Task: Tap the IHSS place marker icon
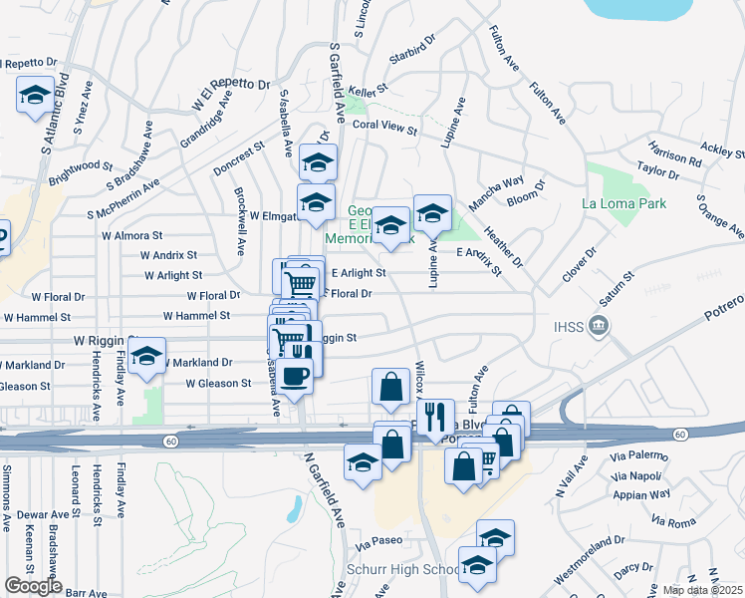click(598, 325)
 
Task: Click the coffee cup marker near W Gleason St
click(295, 377)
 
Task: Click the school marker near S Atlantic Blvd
click(35, 96)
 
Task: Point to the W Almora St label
click(131, 236)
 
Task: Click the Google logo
click(33, 586)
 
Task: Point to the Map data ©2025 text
click(703, 590)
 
